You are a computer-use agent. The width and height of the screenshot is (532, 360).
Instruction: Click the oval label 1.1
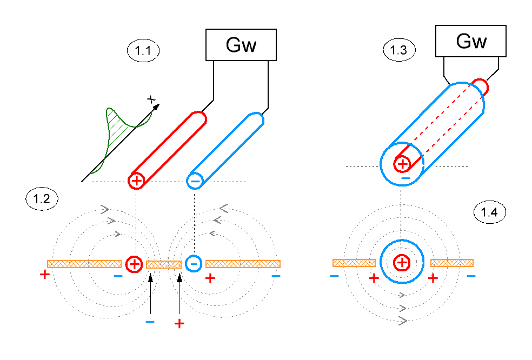coord(143,51)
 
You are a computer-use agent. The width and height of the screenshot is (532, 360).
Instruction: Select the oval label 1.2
coord(42,199)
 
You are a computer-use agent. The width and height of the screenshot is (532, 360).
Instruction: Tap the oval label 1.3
coord(400,50)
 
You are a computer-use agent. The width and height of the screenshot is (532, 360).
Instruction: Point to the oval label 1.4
coord(490,212)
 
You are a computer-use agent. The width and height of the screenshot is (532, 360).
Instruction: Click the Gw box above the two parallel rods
coord(241,45)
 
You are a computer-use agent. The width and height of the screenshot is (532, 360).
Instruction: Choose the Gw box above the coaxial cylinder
coord(471,41)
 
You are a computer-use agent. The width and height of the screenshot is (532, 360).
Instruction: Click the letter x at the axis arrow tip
coord(151,99)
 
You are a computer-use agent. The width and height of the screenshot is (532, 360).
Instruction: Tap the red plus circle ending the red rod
coord(136,181)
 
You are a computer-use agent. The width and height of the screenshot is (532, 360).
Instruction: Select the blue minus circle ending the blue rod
coord(195,181)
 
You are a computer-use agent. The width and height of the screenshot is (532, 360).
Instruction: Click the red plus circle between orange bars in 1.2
coord(135,264)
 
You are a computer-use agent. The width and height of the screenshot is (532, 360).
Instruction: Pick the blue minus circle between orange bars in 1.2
coord(194,264)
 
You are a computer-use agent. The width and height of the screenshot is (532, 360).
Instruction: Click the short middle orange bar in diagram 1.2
coord(164,265)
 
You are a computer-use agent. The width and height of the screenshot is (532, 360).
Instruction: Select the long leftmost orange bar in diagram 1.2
coord(84,264)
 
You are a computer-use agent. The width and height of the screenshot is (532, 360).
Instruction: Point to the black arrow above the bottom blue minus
coord(151,293)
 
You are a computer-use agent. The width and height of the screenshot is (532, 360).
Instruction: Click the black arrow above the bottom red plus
coord(179,293)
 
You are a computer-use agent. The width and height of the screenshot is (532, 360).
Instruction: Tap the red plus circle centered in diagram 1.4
coord(402,262)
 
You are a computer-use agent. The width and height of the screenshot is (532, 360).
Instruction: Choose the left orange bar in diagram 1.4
coord(354,263)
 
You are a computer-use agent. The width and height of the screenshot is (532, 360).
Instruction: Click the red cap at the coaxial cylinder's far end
coord(482,85)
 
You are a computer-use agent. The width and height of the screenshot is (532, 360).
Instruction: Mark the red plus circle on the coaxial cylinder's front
coord(402,164)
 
